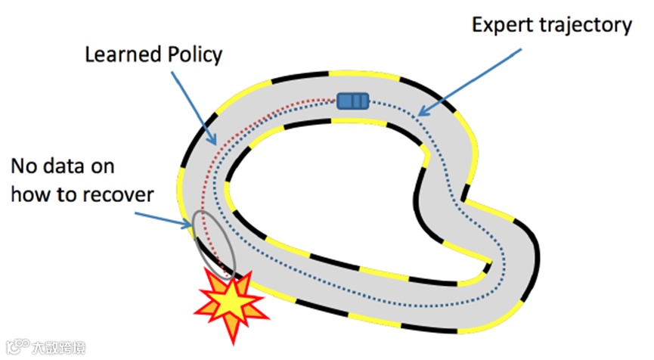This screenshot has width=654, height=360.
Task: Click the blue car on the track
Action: click(x=352, y=101)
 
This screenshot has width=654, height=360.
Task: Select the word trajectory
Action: click(x=587, y=26)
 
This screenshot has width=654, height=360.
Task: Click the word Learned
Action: click(x=119, y=55)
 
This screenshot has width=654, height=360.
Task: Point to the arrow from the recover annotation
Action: click(x=163, y=216)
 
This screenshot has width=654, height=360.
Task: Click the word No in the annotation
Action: click(x=23, y=166)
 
